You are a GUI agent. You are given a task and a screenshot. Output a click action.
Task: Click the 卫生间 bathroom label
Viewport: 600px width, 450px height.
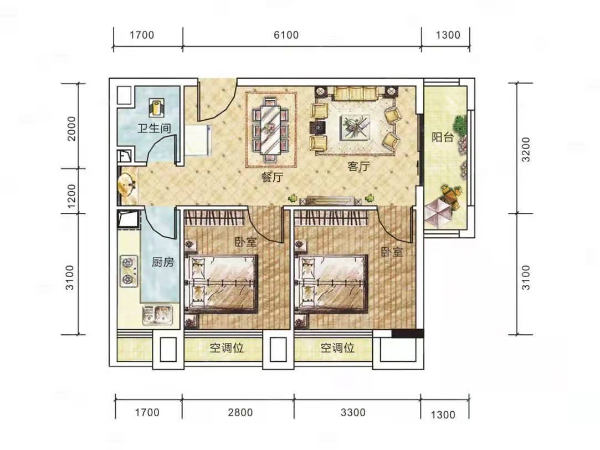(154, 128)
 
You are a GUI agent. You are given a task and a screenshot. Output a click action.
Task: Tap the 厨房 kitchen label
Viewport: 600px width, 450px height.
(163, 262)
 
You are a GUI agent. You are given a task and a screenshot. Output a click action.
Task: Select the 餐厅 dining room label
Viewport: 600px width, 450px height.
(272, 177)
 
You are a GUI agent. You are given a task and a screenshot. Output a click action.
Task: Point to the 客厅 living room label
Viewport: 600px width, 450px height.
(358, 166)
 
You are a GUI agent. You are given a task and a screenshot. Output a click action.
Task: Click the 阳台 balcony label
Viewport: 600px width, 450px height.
(443, 136)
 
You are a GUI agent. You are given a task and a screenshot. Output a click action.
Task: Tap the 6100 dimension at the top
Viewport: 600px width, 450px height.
(286, 35)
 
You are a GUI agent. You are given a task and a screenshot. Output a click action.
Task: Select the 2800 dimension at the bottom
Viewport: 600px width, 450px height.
(240, 412)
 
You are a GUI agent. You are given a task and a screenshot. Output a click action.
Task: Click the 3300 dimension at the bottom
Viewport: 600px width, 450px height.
(353, 412)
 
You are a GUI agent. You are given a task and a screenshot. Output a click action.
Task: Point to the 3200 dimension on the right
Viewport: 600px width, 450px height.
(526, 149)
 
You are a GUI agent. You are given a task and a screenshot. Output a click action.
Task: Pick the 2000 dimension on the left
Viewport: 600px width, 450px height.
(71, 129)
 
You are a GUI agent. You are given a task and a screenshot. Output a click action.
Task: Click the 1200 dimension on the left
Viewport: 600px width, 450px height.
(71, 196)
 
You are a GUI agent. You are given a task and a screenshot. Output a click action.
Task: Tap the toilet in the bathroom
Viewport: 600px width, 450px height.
(157, 107)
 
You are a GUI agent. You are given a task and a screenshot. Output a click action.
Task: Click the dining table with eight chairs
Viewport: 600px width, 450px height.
(271, 129)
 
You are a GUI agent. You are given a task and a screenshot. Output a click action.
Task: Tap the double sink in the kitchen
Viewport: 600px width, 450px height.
(158, 315)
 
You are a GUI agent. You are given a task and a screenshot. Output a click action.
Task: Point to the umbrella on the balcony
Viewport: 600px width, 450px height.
(438, 213)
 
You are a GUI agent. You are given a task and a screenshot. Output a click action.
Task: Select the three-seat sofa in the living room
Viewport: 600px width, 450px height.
(356, 94)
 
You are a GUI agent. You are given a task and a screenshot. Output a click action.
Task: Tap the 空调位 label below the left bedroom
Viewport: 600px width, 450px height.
(227, 348)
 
